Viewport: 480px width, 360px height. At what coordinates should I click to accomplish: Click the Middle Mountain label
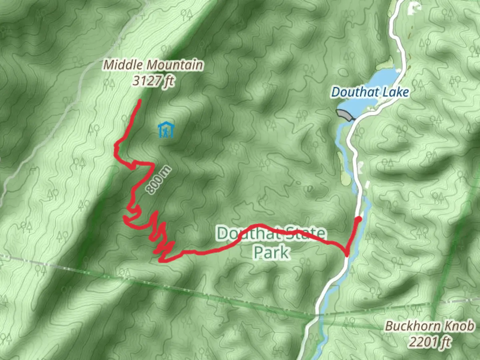coord(153,65)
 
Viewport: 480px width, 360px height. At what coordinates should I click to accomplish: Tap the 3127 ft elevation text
coord(153,81)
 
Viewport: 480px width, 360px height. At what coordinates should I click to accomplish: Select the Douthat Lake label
coord(370,92)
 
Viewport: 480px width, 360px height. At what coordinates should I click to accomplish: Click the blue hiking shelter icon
coord(166,130)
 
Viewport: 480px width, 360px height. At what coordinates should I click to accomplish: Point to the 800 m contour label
coord(159,180)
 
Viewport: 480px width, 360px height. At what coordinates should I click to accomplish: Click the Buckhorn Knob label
coord(429,326)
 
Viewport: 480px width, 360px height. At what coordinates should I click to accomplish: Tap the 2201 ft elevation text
coord(430,342)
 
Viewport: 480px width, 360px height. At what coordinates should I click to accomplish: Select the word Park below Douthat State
coord(271,252)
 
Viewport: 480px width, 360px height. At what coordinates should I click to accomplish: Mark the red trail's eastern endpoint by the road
coord(359,219)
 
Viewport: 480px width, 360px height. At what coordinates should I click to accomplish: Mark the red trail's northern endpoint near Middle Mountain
coord(139,101)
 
